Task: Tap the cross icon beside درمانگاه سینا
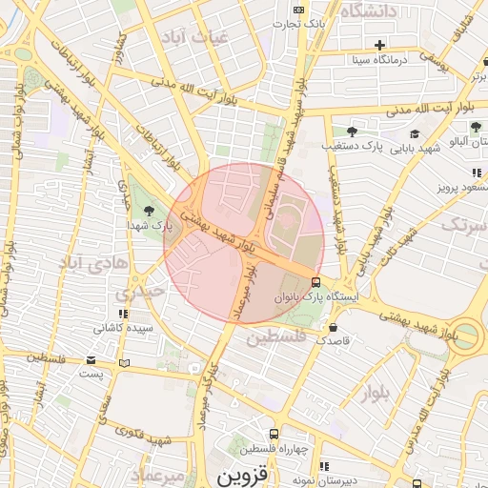(x=380, y=45)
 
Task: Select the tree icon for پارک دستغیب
(x=352, y=131)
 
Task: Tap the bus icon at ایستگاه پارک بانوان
(x=315, y=281)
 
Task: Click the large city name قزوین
(x=244, y=474)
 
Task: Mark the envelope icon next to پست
(x=91, y=360)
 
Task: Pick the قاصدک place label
(x=335, y=339)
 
